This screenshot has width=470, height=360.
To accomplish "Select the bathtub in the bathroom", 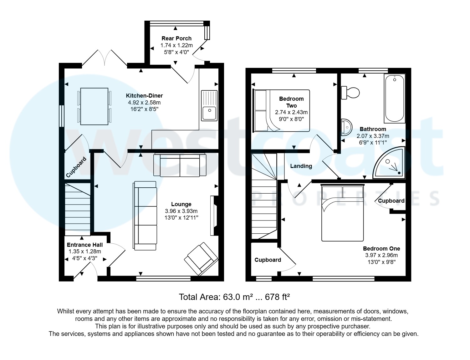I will pos(394,99).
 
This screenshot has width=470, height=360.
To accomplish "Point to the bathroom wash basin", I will pos(346,127).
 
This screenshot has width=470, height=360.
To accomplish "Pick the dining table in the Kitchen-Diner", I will pos(94,106).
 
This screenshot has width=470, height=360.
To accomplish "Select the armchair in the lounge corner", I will pos(201,259).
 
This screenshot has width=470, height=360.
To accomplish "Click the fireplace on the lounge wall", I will pos(214,215).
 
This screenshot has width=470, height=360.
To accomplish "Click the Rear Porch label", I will pos(176,38).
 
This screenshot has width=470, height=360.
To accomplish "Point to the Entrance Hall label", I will pos(85,245).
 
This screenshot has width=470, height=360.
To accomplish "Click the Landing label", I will pos(301,166).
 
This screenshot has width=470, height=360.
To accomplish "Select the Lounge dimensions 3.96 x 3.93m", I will pos(181,211).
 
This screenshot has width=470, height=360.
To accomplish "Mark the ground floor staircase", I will pos(77,209).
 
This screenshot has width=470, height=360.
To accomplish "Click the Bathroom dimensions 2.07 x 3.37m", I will pos(373,136).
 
